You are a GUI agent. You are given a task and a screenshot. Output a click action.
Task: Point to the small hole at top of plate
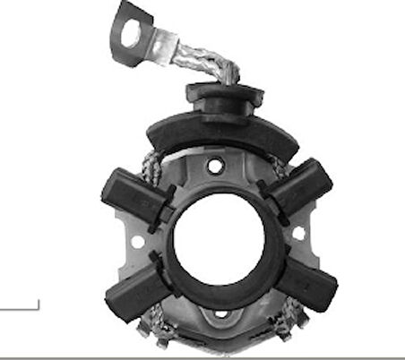click(x=215, y=167)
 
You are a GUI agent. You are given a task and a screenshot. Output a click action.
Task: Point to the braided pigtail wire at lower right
click(x=286, y=321)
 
